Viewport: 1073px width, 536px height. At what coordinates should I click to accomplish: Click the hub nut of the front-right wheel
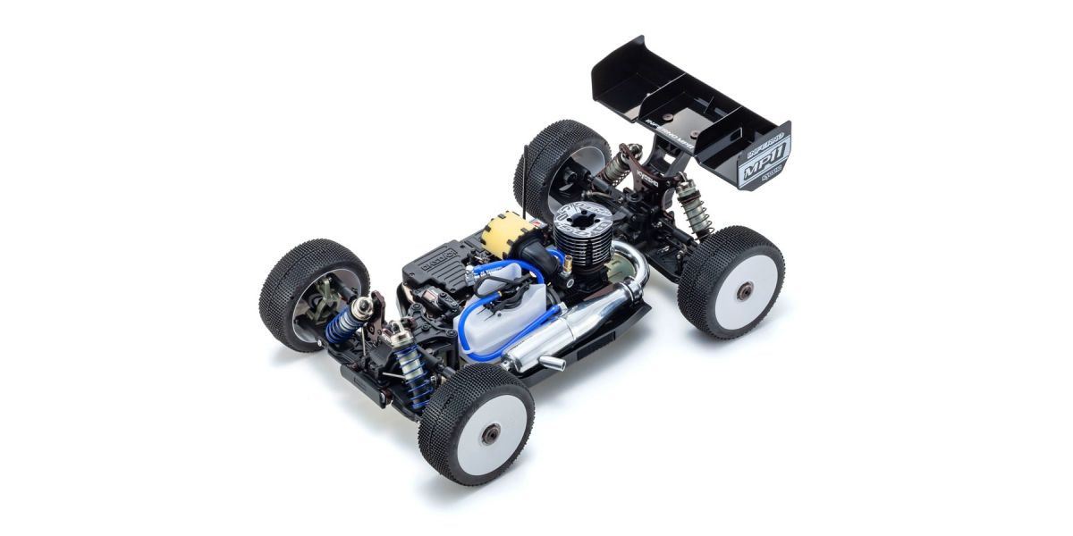point(491,433)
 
